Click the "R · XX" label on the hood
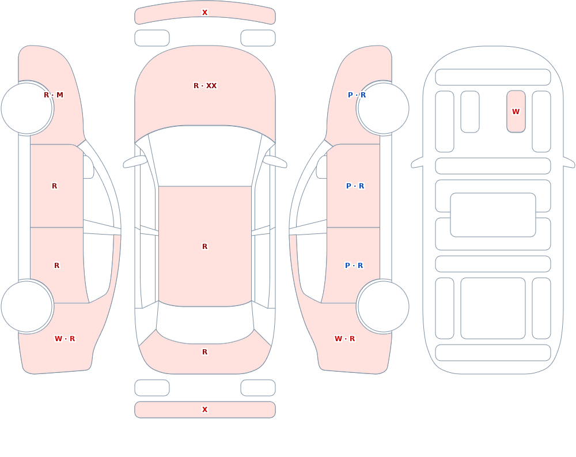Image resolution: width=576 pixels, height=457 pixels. click(x=205, y=86)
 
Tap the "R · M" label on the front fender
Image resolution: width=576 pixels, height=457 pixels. click(x=54, y=95)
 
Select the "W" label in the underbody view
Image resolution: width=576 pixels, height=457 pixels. click(x=516, y=111)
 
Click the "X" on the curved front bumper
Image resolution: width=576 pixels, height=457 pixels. click(x=205, y=13)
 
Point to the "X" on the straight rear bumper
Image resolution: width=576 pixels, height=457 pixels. click(x=205, y=410)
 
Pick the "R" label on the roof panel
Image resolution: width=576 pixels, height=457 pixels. click(x=205, y=246)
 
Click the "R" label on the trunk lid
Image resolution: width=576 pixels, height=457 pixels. click(x=205, y=352)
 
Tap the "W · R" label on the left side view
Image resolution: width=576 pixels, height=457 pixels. click(x=65, y=339)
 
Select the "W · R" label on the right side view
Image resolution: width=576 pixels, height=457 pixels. click(x=344, y=339)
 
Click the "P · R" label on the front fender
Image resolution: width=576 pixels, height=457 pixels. click(x=357, y=95)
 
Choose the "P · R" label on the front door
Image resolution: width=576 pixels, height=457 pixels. click(x=355, y=186)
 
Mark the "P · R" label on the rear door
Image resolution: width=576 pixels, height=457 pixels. click(x=354, y=266)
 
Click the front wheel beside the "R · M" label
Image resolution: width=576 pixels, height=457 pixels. click(x=27, y=108)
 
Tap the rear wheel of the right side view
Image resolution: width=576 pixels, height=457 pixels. click(x=383, y=306)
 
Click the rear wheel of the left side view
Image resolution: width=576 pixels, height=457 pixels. click(x=27, y=306)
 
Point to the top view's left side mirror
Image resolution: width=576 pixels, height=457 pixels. click(x=134, y=161)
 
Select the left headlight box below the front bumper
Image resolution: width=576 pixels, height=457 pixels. click(x=152, y=38)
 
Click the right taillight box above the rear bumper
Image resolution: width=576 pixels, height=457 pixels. click(x=258, y=388)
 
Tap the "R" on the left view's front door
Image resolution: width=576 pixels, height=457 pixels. click(x=54, y=186)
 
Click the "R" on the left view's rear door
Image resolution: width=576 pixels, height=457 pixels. click(x=56, y=266)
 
